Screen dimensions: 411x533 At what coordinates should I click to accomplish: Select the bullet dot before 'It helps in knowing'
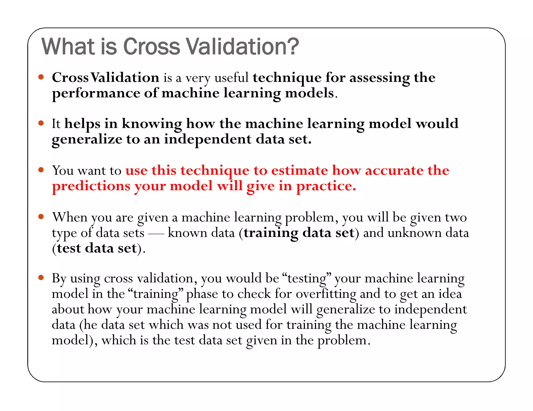click(41, 123)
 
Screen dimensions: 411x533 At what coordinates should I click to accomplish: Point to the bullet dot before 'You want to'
click(41, 170)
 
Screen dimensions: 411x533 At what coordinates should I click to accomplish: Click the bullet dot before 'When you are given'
click(41, 216)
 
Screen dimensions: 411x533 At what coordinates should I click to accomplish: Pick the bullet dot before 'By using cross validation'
click(41, 277)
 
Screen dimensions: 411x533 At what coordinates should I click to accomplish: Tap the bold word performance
click(96, 94)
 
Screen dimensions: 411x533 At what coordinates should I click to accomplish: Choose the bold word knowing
click(152, 124)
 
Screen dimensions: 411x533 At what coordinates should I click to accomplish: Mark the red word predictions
click(91, 186)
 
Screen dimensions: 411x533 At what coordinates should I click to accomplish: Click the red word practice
click(326, 186)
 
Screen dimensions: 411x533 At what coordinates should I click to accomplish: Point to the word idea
click(450, 294)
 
